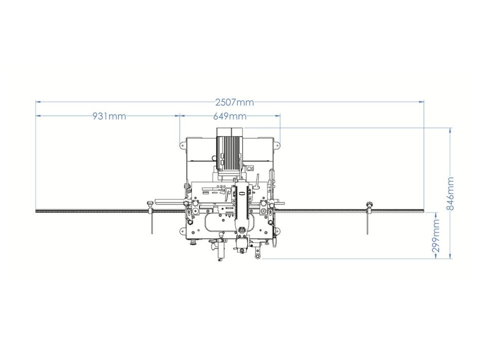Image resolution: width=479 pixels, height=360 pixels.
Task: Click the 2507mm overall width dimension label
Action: click(x=235, y=102)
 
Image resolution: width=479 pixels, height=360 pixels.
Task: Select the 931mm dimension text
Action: click(x=109, y=116)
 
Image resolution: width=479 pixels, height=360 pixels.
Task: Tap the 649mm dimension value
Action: click(x=230, y=116)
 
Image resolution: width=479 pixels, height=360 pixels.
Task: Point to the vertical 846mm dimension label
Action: click(x=450, y=193)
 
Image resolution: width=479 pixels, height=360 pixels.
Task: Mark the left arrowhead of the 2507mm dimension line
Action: click(x=38, y=102)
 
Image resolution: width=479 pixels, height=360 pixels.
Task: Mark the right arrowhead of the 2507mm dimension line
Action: click(x=422, y=102)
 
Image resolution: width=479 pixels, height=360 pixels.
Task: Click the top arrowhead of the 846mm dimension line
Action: click(x=450, y=130)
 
